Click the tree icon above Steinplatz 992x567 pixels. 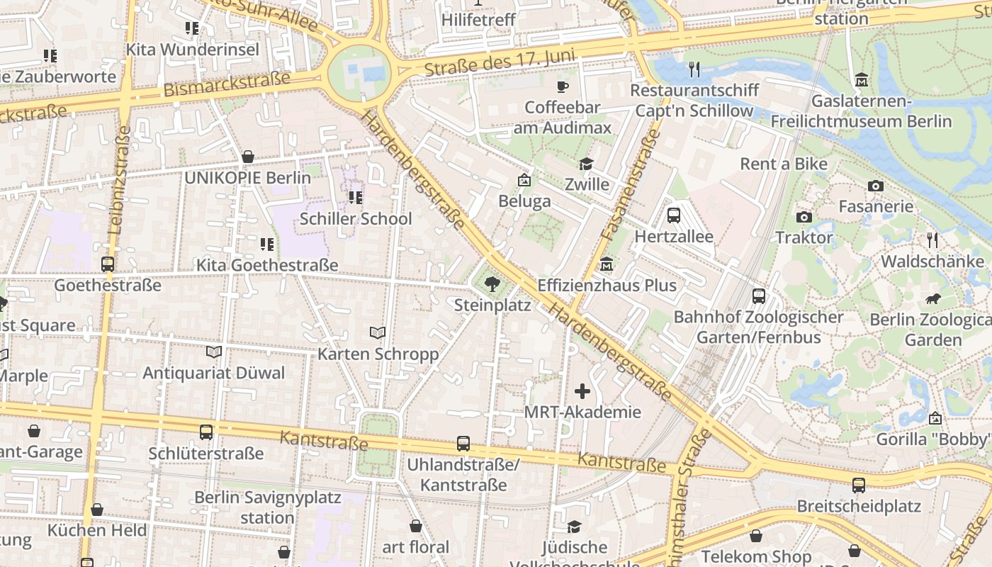click(491, 285)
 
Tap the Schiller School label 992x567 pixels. click(356, 218)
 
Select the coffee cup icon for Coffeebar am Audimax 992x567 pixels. click(563, 86)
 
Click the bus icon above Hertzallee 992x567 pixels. click(674, 215)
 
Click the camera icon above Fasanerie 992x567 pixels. click(876, 186)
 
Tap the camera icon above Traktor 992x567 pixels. click(804, 217)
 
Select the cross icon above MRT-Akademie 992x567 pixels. click(582, 391)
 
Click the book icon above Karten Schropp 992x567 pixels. click(378, 332)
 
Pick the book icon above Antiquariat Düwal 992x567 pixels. click(213, 352)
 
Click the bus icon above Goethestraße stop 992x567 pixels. click(108, 264)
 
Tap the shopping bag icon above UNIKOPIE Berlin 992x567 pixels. click(248, 157)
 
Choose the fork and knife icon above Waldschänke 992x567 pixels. click(932, 240)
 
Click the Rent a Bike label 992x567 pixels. click(783, 164)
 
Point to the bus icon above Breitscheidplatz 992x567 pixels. click(859, 485)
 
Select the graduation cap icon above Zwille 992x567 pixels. click(586, 164)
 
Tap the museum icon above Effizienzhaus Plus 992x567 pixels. click(607, 265)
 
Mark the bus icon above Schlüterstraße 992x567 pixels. click(206, 432)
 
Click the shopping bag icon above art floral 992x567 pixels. click(416, 526)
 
